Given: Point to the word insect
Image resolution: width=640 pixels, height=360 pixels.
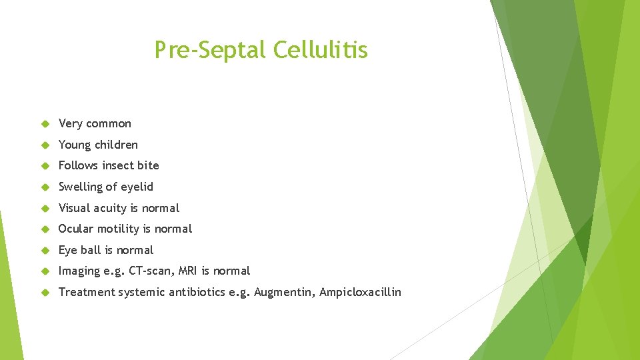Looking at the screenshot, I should [x=118, y=165].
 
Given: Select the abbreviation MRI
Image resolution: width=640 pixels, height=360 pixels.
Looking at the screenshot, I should [x=188, y=271].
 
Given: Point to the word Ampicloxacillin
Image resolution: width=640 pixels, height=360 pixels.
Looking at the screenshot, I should [x=360, y=292].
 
